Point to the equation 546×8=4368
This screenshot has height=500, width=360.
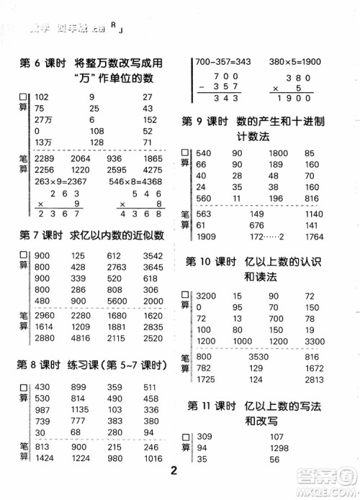(x=136, y=181)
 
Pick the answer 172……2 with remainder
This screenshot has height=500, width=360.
(x=266, y=237)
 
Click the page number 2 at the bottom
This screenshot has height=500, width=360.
(x=174, y=471)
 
